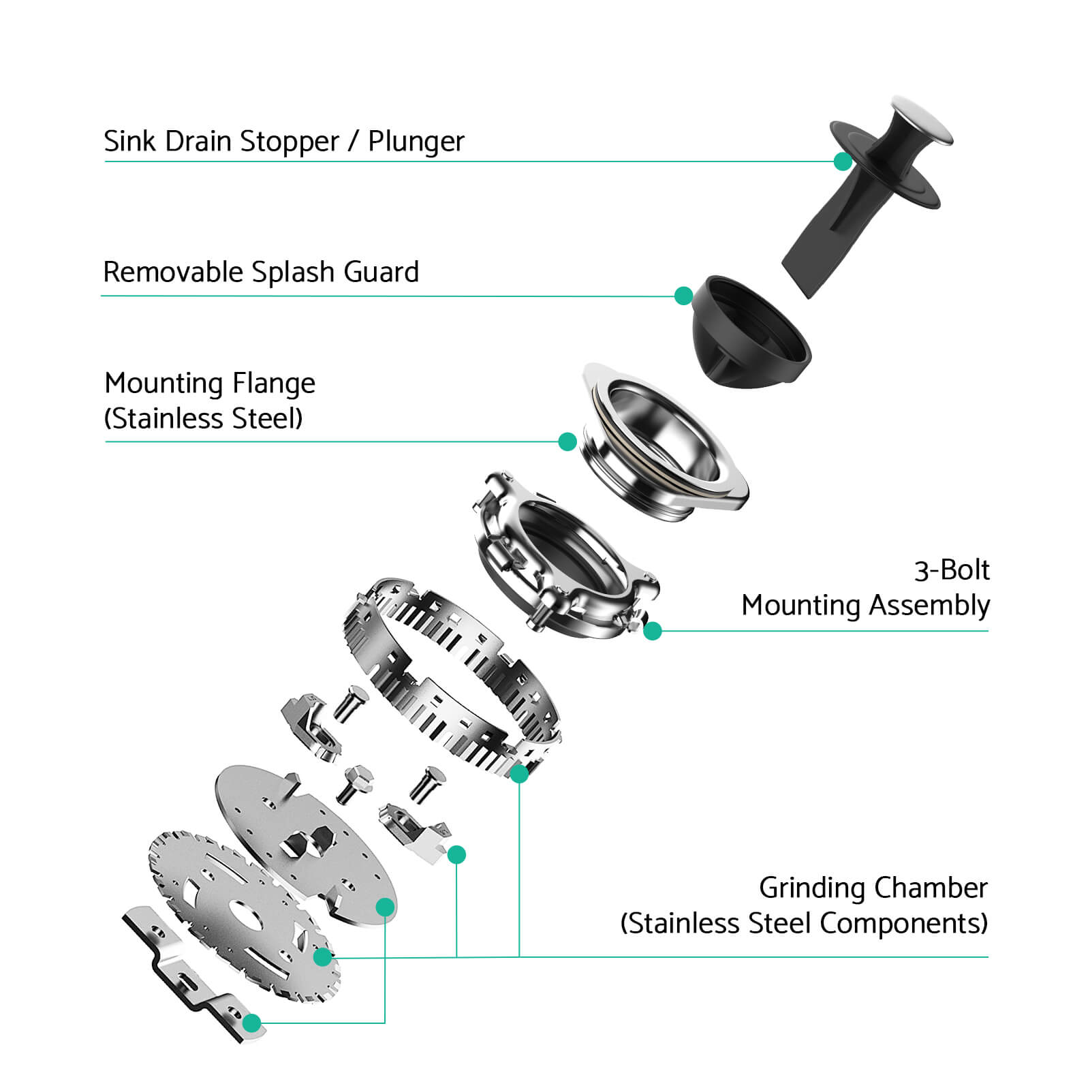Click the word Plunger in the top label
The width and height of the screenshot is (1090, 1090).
(416, 142)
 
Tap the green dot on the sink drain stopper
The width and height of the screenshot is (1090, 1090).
(843, 161)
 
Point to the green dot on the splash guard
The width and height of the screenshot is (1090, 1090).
(683, 296)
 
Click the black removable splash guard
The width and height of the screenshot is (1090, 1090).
(749, 332)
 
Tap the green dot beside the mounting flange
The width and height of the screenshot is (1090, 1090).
(567, 441)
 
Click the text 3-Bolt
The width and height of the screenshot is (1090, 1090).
(952, 570)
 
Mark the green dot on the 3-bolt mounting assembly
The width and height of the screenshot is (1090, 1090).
(653, 631)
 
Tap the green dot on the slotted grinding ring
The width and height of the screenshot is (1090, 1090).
(519, 773)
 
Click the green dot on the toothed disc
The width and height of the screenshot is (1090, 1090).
(322, 956)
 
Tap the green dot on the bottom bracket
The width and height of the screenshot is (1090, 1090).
(252, 1023)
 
